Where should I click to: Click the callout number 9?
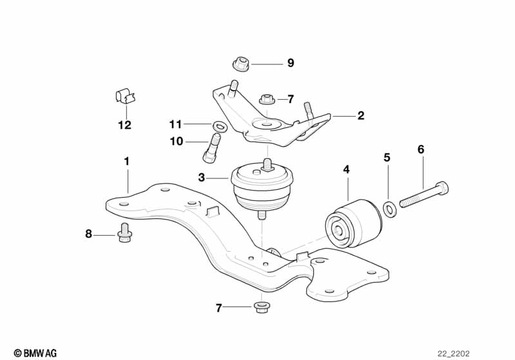pyautogui.click(x=290, y=63)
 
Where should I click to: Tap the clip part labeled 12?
pyautogui.click(x=125, y=97)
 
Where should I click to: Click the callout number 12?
pyautogui.click(x=124, y=125)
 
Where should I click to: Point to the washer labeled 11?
pyautogui.click(x=219, y=124)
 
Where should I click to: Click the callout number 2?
pyautogui.click(x=361, y=116)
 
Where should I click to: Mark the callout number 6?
pyautogui.click(x=421, y=149)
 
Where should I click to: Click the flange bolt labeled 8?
pyautogui.click(x=124, y=235)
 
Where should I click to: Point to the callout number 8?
pyautogui.click(x=89, y=234)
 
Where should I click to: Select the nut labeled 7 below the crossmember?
pyautogui.click(x=260, y=307)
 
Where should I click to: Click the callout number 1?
pyautogui.click(x=127, y=160)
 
